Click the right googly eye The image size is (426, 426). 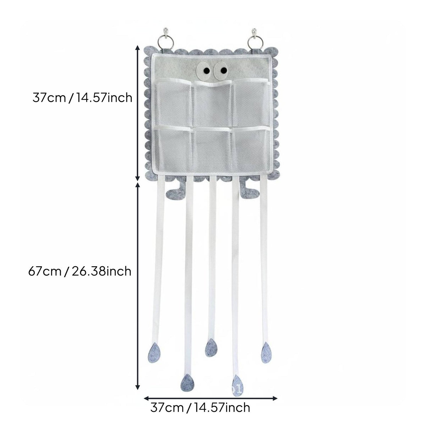pyautogui.click(x=221, y=70)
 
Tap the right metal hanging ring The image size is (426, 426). pyautogui.click(x=255, y=42)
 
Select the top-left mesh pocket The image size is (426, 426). pyautogui.click(x=174, y=103)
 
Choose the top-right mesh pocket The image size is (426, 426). pyautogui.click(x=251, y=103)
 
